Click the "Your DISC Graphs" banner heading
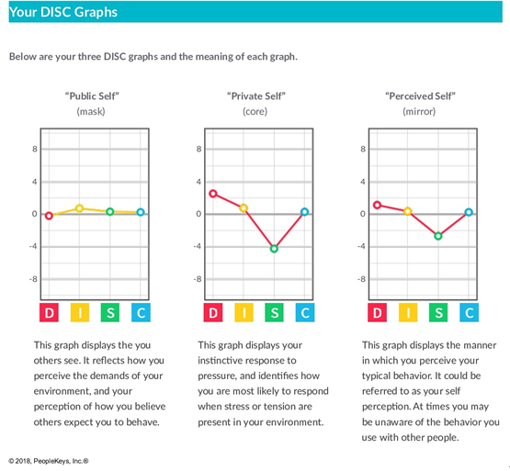pos(63,12)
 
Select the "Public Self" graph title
pos(92,96)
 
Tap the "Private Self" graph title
pos(256,96)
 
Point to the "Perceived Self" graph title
pos(420,96)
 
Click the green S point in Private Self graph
pos(274,249)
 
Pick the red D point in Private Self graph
pos(213,194)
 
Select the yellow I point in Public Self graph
pos(79,208)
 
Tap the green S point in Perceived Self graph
pos(438,236)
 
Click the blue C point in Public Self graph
pos(141,212)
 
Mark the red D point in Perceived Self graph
pos(377,205)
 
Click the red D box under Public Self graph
pos(49,313)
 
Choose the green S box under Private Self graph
pos(274,313)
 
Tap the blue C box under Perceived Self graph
pos(469,313)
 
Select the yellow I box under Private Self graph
pos(244,313)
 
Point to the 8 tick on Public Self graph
pos(35,150)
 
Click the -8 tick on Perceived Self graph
pos(361,279)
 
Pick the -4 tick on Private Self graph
pos(197,246)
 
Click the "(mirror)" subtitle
pos(419,112)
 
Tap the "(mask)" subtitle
pos(91,112)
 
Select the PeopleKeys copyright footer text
pos(49,461)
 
